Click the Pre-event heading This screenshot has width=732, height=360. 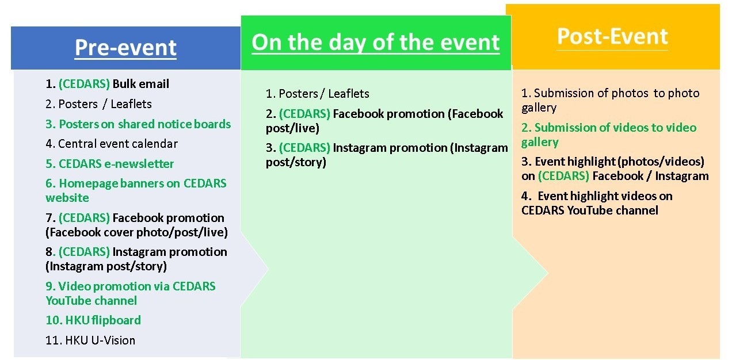pos(125,48)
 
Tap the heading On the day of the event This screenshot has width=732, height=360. pos(376,43)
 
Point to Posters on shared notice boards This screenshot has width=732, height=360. pos(138,124)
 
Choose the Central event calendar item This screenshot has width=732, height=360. pos(112,144)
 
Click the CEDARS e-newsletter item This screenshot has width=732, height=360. pos(110,164)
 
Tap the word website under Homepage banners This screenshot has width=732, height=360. pos(67,198)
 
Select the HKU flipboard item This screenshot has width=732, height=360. pos(93,320)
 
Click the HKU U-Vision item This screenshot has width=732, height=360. pos(90,340)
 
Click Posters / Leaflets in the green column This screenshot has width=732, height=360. pos(317,94)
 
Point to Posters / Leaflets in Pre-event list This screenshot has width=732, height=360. pos(98,104)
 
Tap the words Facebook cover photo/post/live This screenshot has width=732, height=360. pos(136,232)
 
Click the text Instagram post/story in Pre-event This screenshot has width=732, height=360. pos(106,267)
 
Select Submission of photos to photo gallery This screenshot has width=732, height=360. pos(610,100)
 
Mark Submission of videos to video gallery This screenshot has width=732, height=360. pos(609,135)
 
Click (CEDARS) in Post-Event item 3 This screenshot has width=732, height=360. pos(564,176)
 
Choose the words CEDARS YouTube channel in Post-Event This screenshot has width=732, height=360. pos(589,210)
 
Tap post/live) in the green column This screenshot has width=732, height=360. pos(292,128)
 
